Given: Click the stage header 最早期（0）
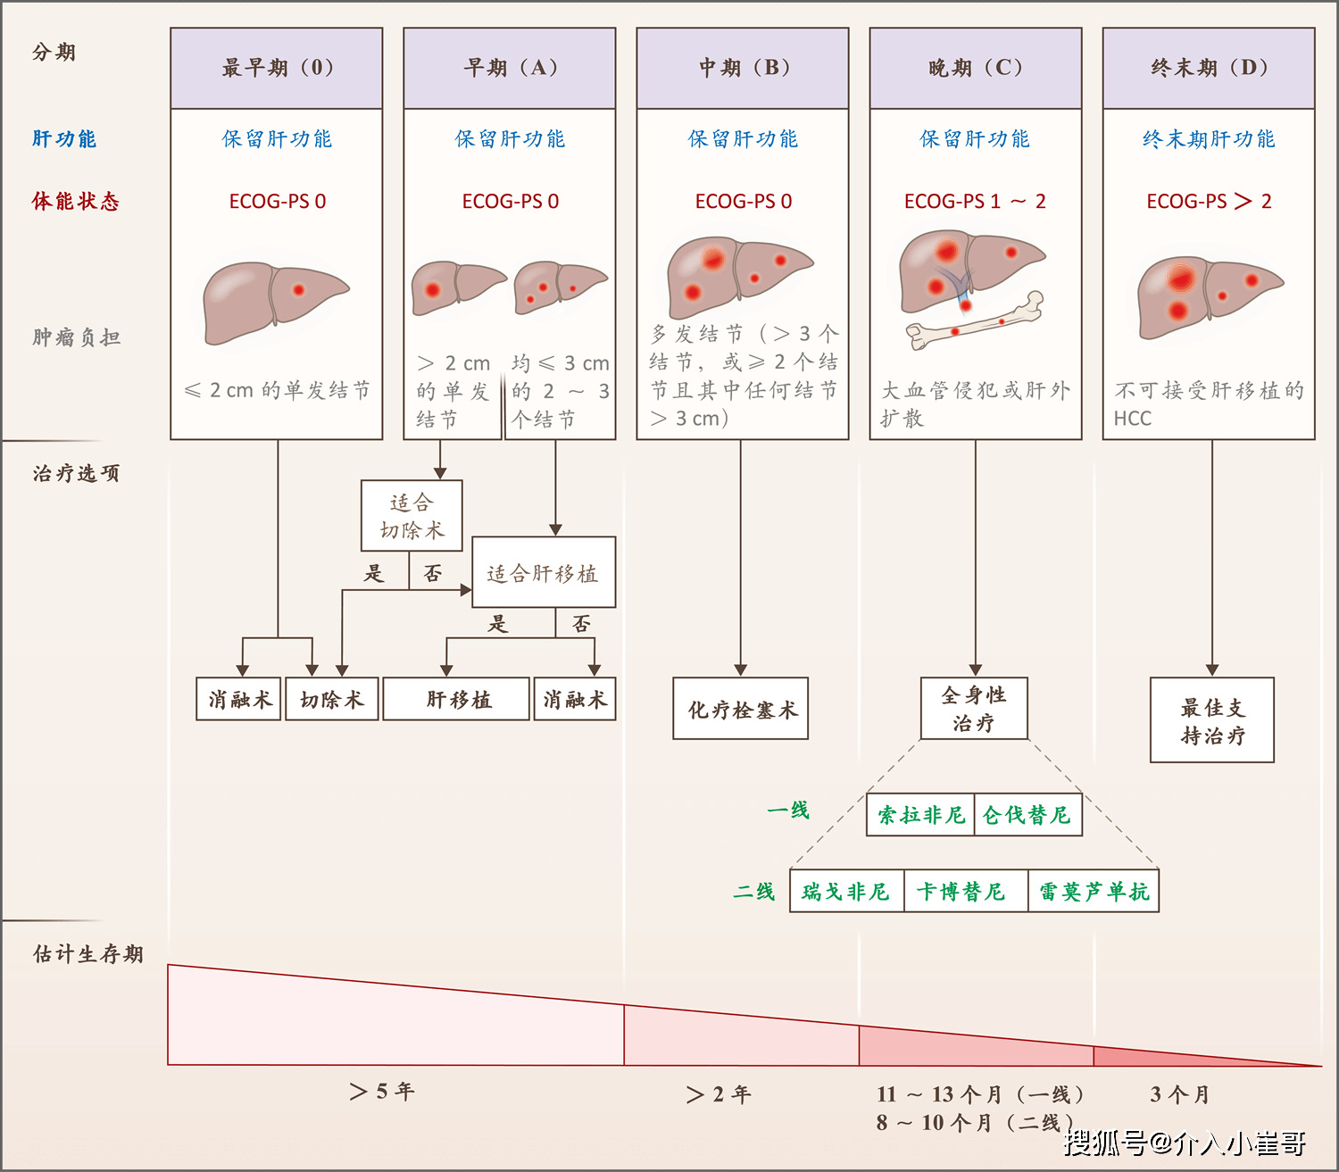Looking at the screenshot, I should pos(277,68).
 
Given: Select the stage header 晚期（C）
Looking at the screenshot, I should pos(976,68).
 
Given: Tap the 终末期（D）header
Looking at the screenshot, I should pos(1209,68).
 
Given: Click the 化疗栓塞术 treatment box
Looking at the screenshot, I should pos(741,710).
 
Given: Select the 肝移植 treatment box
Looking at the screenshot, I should pos(457,699).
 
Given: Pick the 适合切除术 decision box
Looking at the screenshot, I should pos(412,516).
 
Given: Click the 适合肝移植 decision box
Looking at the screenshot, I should pos(543,573).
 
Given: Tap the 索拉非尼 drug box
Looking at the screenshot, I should pos(920,815).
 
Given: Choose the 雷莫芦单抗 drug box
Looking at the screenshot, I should pos(1094,892).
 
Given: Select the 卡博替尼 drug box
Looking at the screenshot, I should pos(961,892).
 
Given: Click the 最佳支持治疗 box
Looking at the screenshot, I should pos(1211,720).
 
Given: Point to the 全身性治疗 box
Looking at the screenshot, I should pos(974,709).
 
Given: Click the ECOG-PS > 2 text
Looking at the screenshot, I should pos(1209,202).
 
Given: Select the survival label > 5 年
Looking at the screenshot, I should pos(382,1092).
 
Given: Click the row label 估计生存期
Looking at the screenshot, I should pos(87,954).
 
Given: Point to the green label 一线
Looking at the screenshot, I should pos(787,810).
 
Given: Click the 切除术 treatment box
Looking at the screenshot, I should pos(331,699).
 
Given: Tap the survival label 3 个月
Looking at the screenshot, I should pos(1179,1094).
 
